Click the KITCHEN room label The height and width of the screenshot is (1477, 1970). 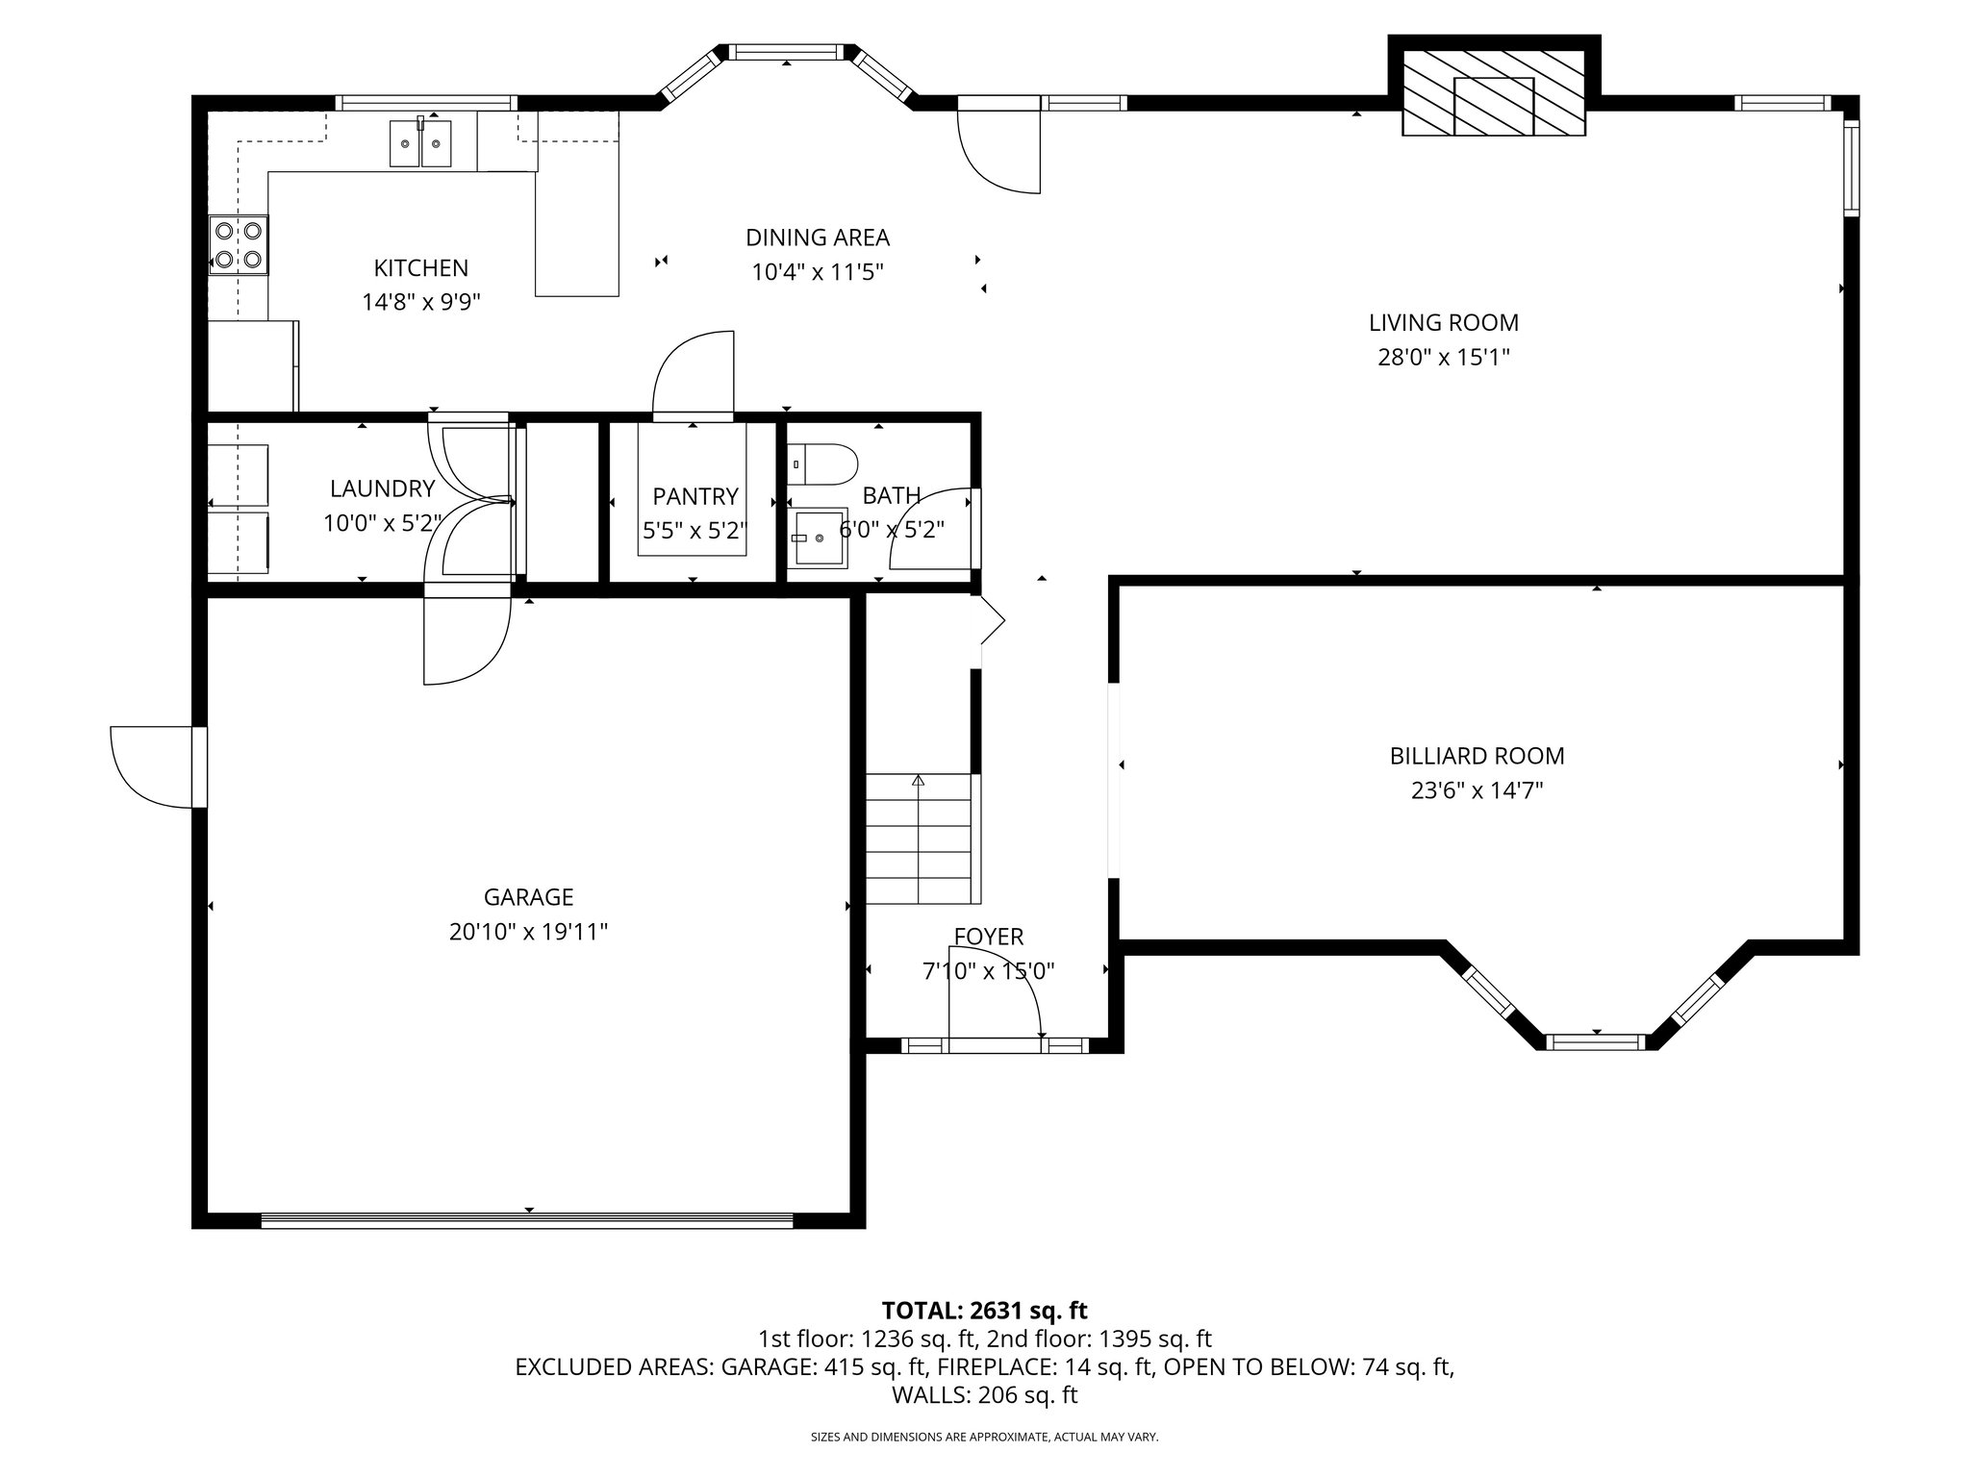420,268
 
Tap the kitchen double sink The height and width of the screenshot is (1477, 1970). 420,144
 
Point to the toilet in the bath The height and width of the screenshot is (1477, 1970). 825,463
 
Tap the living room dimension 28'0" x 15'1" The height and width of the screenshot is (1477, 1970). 1443,358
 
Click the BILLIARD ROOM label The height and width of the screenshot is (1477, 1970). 1477,756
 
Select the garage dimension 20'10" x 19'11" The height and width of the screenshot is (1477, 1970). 528,932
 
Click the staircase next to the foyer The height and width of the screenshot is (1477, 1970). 922,839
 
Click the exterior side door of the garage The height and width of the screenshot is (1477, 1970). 154,766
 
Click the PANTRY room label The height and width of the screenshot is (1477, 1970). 695,496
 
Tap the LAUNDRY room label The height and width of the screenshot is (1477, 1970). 382,488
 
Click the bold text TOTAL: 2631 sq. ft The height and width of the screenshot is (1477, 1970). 984,1310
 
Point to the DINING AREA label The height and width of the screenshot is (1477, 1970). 817,238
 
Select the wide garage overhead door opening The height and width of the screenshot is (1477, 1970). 527,1219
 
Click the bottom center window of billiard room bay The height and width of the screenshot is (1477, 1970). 1596,1041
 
